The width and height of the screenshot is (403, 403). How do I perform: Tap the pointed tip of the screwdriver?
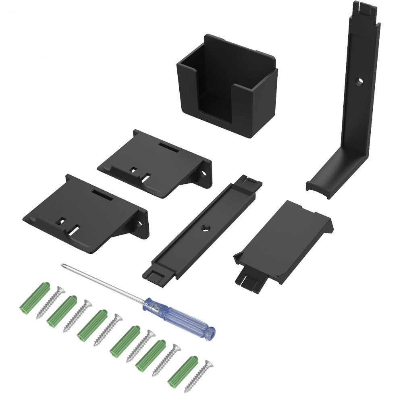click(62, 265)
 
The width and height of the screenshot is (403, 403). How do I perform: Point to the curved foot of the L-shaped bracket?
click(322, 185)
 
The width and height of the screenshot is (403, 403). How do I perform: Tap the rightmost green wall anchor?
click(183, 370)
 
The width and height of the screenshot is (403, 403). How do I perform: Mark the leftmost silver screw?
click(50, 302)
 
